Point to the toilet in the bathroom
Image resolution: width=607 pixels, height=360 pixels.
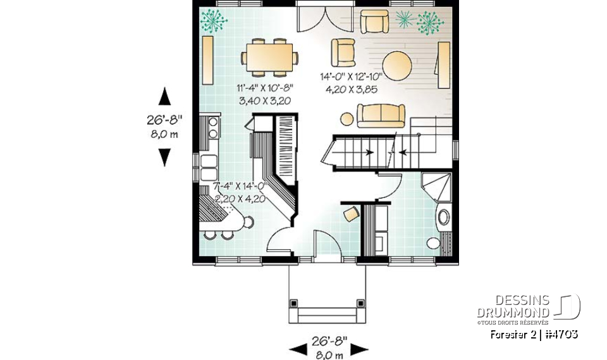(x=434, y=243)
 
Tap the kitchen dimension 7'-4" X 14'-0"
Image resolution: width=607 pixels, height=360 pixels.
(x=240, y=187)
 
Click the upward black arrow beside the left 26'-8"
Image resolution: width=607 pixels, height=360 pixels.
(x=164, y=97)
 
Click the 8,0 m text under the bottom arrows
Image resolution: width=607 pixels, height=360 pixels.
(x=329, y=355)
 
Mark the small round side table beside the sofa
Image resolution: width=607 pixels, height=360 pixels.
(x=346, y=118)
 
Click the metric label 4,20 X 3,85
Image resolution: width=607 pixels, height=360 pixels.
(x=352, y=89)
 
